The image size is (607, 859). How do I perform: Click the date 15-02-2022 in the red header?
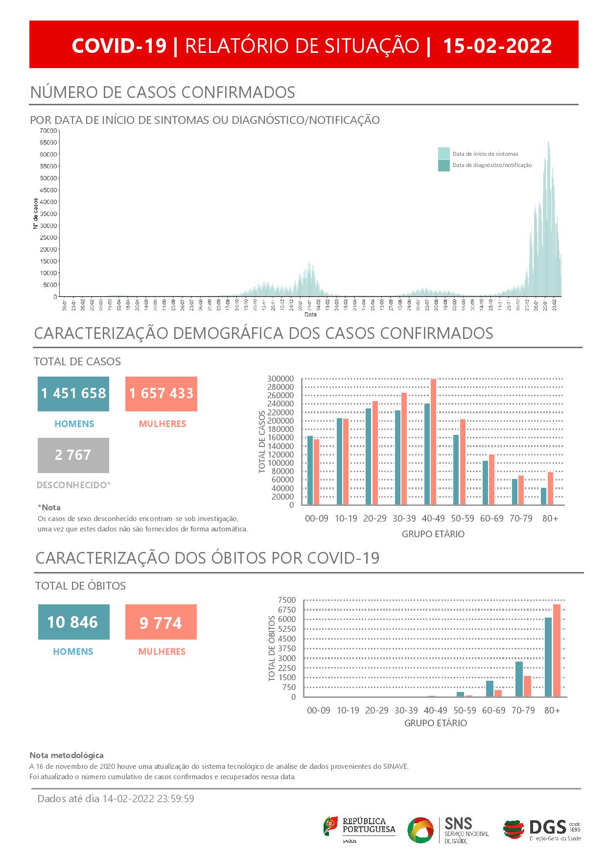click(x=497, y=46)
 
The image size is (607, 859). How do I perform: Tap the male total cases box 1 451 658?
click(x=73, y=393)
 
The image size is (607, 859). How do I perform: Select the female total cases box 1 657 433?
click(x=161, y=393)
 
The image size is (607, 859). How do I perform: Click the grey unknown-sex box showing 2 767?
click(x=73, y=455)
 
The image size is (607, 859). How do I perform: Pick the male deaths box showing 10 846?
click(x=73, y=622)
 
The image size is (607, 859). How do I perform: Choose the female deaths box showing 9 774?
click(x=161, y=622)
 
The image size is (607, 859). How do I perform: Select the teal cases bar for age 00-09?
click(x=310, y=470)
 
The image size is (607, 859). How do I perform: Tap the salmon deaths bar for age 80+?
click(x=557, y=650)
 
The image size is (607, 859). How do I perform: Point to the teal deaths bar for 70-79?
click(x=519, y=679)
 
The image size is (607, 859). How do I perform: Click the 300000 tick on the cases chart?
click(x=280, y=379)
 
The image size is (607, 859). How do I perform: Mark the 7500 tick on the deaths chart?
click(x=286, y=600)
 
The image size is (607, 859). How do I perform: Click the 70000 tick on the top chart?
click(x=48, y=131)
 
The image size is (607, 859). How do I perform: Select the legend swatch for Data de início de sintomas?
click(x=444, y=153)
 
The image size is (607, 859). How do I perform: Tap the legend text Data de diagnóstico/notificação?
click(x=492, y=166)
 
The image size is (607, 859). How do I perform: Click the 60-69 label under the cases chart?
click(x=491, y=518)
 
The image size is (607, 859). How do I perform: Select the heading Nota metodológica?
click(x=67, y=755)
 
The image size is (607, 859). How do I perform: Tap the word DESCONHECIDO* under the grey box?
click(x=74, y=485)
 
